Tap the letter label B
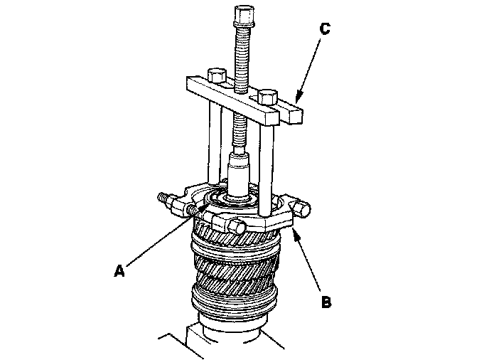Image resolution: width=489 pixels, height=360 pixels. (x=326, y=302)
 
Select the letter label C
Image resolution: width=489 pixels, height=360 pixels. (x=325, y=31)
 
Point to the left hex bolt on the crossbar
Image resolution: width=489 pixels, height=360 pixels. (x=216, y=75)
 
